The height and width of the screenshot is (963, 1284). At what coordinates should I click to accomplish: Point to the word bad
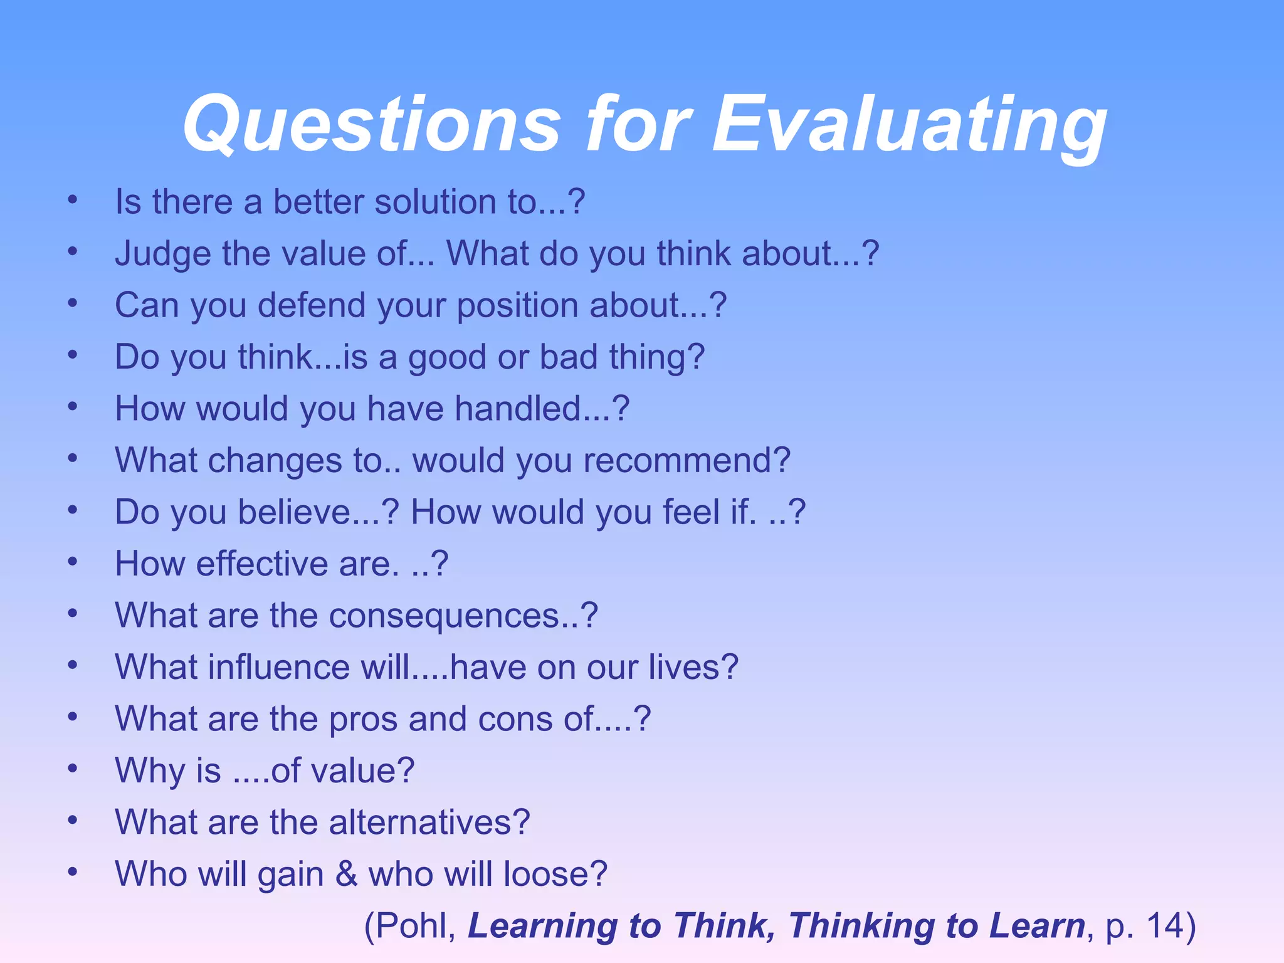(x=569, y=357)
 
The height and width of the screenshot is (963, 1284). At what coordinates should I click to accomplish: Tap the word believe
(x=294, y=512)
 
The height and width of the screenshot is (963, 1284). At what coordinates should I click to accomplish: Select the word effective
(x=261, y=564)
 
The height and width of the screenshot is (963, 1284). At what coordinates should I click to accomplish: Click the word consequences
(x=444, y=615)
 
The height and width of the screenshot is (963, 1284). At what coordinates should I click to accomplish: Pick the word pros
(x=363, y=719)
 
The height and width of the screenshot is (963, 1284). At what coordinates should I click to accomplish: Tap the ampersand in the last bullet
(x=346, y=873)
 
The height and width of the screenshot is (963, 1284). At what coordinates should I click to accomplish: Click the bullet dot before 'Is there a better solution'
(x=73, y=201)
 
